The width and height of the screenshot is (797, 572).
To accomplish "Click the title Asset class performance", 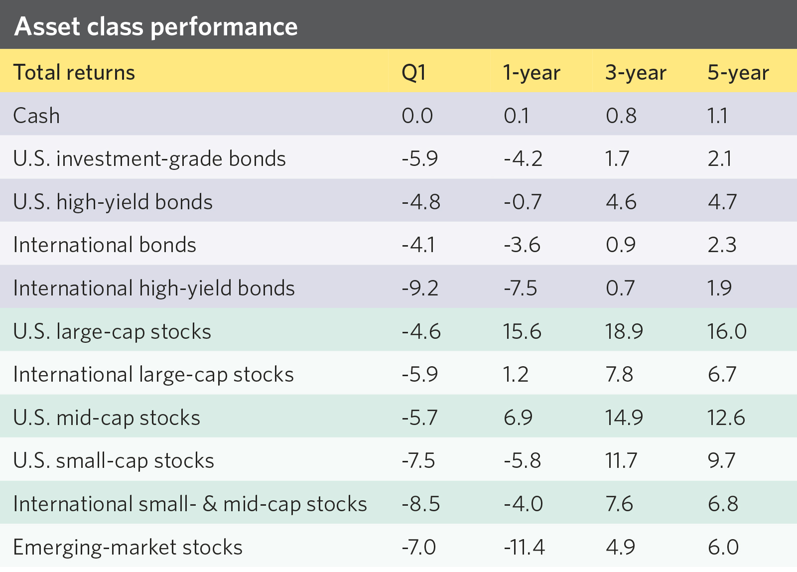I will click(x=156, y=26).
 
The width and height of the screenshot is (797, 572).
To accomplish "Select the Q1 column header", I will click(x=413, y=73).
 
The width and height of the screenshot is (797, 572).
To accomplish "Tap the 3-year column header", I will click(x=636, y=73).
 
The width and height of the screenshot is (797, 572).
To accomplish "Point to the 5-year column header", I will click(x=738, y=73).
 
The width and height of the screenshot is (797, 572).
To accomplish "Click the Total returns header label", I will click(x=74, y=73).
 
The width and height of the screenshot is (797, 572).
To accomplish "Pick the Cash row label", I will click(x=36, y=116).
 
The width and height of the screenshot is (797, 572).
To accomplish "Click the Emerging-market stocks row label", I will click(x=128, y=547).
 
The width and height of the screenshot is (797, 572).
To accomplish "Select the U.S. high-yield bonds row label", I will click(x=113, y=202).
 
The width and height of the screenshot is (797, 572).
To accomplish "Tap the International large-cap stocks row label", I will click(x=153, y=375).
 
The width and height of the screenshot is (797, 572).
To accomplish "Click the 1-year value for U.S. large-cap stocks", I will click(x=522, y=331).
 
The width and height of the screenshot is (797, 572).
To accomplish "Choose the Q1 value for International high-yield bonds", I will click(x=420, y=288).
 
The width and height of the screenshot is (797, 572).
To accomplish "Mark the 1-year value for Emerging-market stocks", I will click(x=524, y=547).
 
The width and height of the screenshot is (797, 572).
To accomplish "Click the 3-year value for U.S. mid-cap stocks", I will click(x=624, y=418).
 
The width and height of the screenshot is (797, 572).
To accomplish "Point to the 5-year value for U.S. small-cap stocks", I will click(x=721, y=460).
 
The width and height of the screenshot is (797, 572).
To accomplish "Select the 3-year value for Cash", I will click(x=621, y=116).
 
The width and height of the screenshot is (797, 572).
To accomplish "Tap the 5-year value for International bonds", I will click(x=722, y=245).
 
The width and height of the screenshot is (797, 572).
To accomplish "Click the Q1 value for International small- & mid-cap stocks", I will click(x=421, y=504).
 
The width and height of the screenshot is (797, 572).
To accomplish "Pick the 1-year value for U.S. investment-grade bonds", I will click(x=523, y=159).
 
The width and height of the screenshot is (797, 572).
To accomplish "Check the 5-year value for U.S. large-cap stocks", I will click(x=727, y=331).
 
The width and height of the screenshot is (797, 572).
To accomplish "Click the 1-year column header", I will click(x=531, y=73).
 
